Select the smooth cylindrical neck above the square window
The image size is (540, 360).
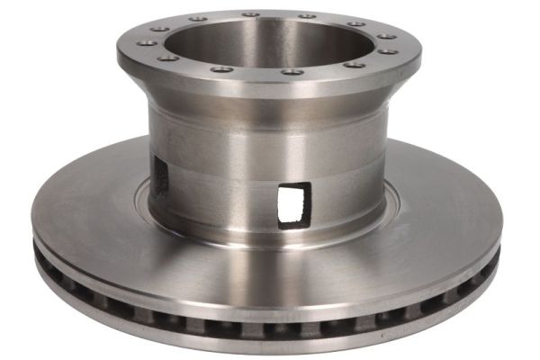(x=288, y=144)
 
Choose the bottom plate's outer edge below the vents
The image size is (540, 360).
(x=270, y=346)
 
